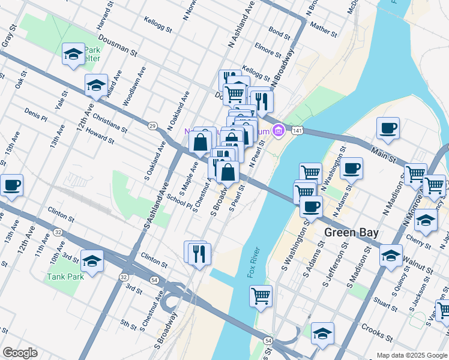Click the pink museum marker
(x=278, y=130)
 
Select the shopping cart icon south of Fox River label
(x=261, y=295)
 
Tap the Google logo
(x=20, y=352)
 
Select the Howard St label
(x=100, y=136)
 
